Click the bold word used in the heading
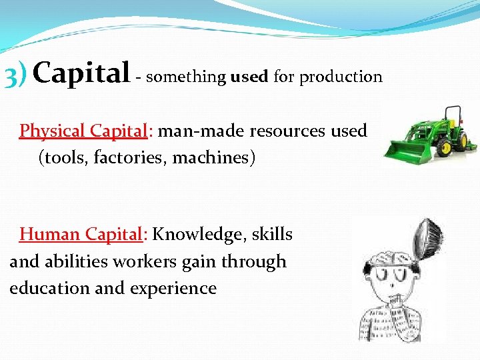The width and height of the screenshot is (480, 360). tap(249, 77)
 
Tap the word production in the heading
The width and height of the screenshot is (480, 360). tap(341, 77)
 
